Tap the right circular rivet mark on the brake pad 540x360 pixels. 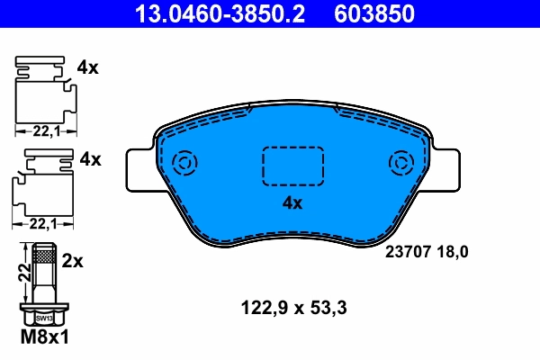click(399, 164)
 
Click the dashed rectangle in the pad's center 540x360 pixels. click(292, 166)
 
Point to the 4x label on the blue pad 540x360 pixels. click(292, 203)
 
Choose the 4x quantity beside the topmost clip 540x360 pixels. click(88, 67)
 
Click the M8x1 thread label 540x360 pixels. click(44, 337)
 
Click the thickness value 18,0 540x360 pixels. click(452, 253)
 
